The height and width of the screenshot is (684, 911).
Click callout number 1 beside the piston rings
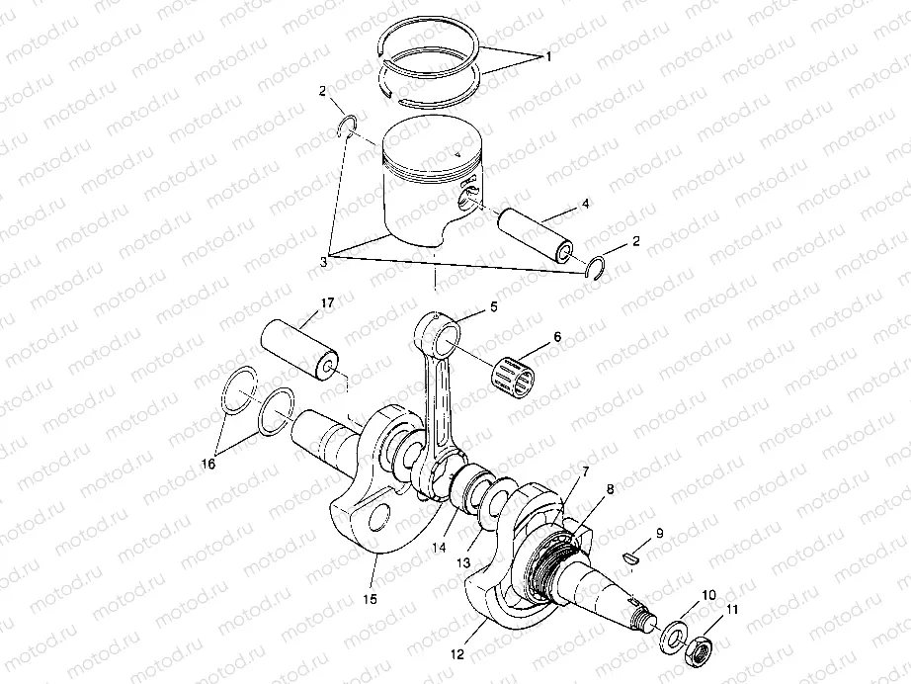pos(548,57)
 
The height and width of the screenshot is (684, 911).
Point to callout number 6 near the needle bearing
pos(556,337)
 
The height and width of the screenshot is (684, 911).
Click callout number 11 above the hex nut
pos(732,611)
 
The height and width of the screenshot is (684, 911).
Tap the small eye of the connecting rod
pos(442,336)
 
